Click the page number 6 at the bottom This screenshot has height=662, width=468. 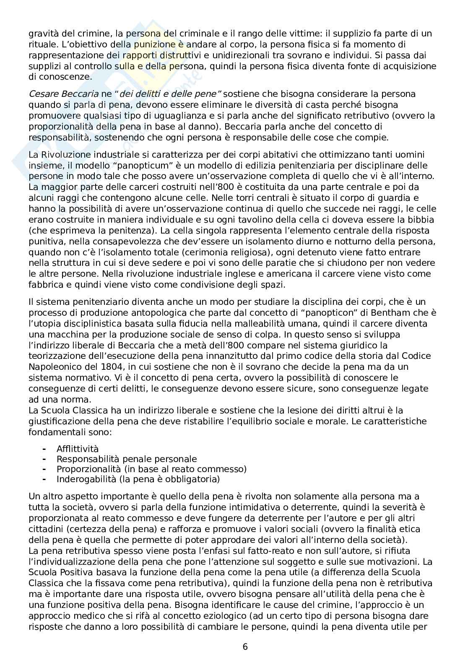click(245, 646)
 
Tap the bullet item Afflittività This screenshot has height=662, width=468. click(78, 449)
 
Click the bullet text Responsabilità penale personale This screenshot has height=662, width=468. click(127, 459)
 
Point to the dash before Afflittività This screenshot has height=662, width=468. click(44, 449)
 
